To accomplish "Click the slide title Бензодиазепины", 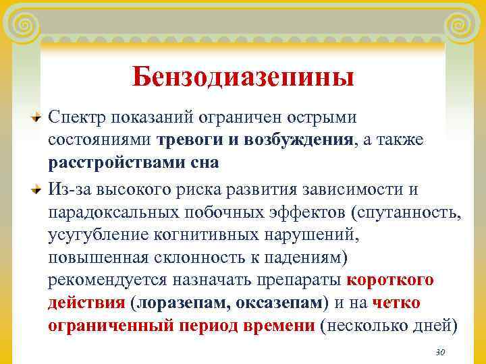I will tap(243, 76).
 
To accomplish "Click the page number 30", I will tap(441, 353).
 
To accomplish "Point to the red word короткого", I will tap(389, 280).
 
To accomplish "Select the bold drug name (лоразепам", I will tap(181, 303).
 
